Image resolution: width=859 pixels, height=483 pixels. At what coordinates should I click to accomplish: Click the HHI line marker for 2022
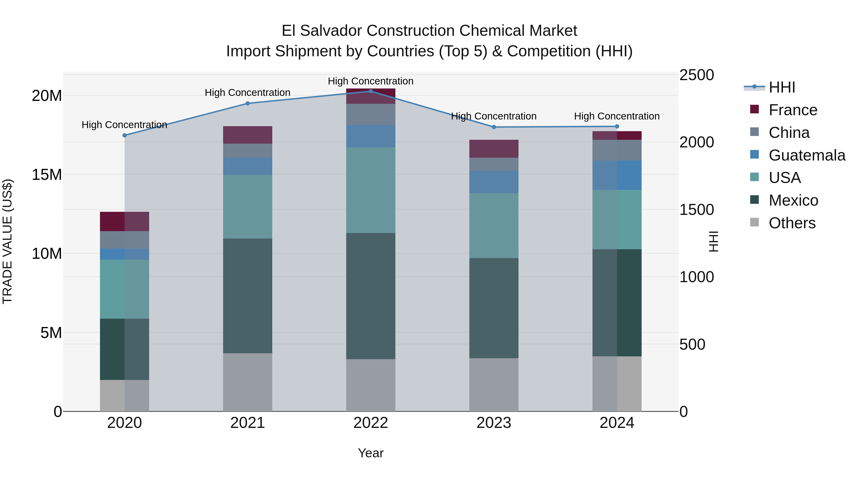(371, 91)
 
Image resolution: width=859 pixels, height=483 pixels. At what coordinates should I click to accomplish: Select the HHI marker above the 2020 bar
(124, 135)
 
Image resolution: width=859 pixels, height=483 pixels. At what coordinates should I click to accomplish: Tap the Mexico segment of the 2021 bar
(247, 296)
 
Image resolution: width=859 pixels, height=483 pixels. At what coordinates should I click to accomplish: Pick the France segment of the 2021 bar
(247, 135)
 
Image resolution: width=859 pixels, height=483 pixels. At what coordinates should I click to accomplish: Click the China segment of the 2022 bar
(371, 114)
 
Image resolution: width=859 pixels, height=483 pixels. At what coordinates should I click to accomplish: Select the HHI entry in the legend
(782, 87)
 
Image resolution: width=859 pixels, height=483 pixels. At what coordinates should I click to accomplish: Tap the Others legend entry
(792, 223)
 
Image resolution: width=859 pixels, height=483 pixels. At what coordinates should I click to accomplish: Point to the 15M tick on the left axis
(47, 175)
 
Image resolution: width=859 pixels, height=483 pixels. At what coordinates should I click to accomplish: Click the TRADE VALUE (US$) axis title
(7, 241)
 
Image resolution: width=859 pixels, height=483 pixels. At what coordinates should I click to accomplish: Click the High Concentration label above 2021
(247, 93)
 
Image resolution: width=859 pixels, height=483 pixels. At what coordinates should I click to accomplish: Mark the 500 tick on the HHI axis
(692, 344)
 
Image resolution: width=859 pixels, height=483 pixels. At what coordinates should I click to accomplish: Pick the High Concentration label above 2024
(617, 116)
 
